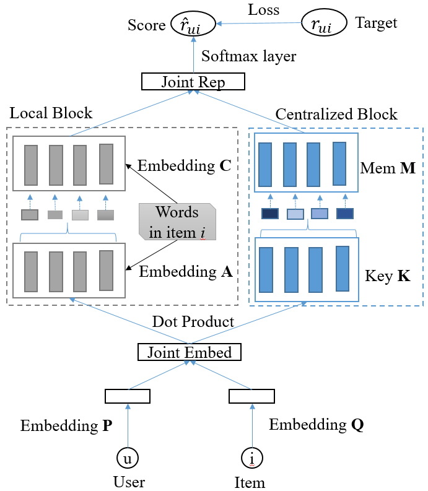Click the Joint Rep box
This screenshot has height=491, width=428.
click(193, 82)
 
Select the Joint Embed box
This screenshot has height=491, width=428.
click(190, 352)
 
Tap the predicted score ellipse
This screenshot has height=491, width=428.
click(193, 24)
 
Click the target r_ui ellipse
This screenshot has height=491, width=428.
click(324, 22)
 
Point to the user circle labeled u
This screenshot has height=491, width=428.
click(128, 458)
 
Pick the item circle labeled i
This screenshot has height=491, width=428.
click(252, 458)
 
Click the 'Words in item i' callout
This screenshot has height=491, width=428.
click(177, 222)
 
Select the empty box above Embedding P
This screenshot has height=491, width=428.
click(128, 396)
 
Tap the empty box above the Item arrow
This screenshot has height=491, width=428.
click(252, 396)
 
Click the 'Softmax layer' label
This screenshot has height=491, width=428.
click(248, 56)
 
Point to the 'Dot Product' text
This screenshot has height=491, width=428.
click(193, 321)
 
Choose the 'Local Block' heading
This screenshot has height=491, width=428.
click(51, 113)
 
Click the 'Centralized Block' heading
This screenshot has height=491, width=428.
click(336, 114)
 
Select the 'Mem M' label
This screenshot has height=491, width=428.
click(388, 168)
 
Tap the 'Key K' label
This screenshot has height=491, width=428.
click(388, 276)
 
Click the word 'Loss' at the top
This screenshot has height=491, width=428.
click(263, 10)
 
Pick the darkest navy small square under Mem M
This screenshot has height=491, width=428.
click(270, 214)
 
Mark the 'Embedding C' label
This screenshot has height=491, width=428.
click(184, 166)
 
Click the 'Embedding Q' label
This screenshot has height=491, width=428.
click(317, 425)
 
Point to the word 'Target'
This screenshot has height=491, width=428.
click(376, 23)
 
